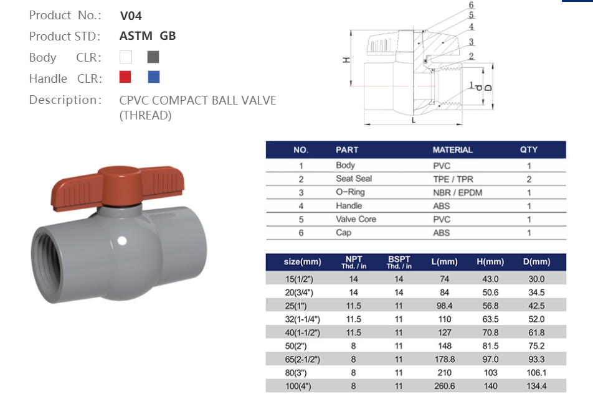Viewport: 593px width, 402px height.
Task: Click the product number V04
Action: click(x=131, y=16)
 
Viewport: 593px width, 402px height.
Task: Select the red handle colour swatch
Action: click(x=125, y=77)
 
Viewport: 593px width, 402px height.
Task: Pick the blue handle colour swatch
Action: click(x=153, y=77)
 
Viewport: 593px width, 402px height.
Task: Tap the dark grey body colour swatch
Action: click(x=153, y=57)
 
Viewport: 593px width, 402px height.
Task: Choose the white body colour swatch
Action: click(x=125, y=57)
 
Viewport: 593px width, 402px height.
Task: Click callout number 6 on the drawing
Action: click(x=472, y=5)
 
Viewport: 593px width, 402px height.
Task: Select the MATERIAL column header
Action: click(x=452, y=150)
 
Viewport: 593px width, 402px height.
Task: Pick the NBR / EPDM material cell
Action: click(x=457, y=193)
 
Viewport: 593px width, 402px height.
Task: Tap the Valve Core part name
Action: click(x=356, y=220)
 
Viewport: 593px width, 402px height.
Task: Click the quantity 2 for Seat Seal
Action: click(x=529, y=179)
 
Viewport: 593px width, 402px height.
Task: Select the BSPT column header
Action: click(x=399, y=261)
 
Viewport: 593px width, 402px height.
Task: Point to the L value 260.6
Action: click(x=444, y=386)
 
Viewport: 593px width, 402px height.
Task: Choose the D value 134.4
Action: click(x=536, y=386)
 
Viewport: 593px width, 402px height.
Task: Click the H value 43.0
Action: click(x=490, y=279)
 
